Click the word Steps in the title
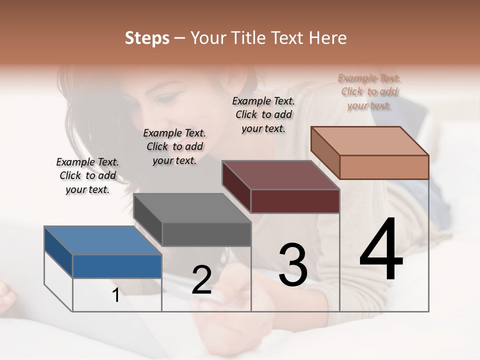pyautogui.click(x=147, y=38)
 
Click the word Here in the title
pyautogui.click(x=328, y=38)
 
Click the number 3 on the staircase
pyautogui.click(x=293, y=264)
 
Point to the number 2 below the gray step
pyautogui.click(x=201, y=280)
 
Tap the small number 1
pyautogui.click(x=116, y=295)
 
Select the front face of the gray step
pyautogui.click(x=206, y=234)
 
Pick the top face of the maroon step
pyautogui.click(x=280, y=175)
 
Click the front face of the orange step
pyautogui.click(x=384, y=167)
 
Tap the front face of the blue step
pyautogui.click(x=117, y=266)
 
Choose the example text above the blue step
pyautogui.click(x=87, y=175)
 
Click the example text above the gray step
pyautogui.click(x=174, y=146)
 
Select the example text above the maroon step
pyautogui.click(x=263, y=114)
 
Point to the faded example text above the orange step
pyautogui.click(x=369, y=91)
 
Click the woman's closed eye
pyautogui.click(x=167, y=98)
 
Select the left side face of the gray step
pyautogui.click(x=148, y=219)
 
